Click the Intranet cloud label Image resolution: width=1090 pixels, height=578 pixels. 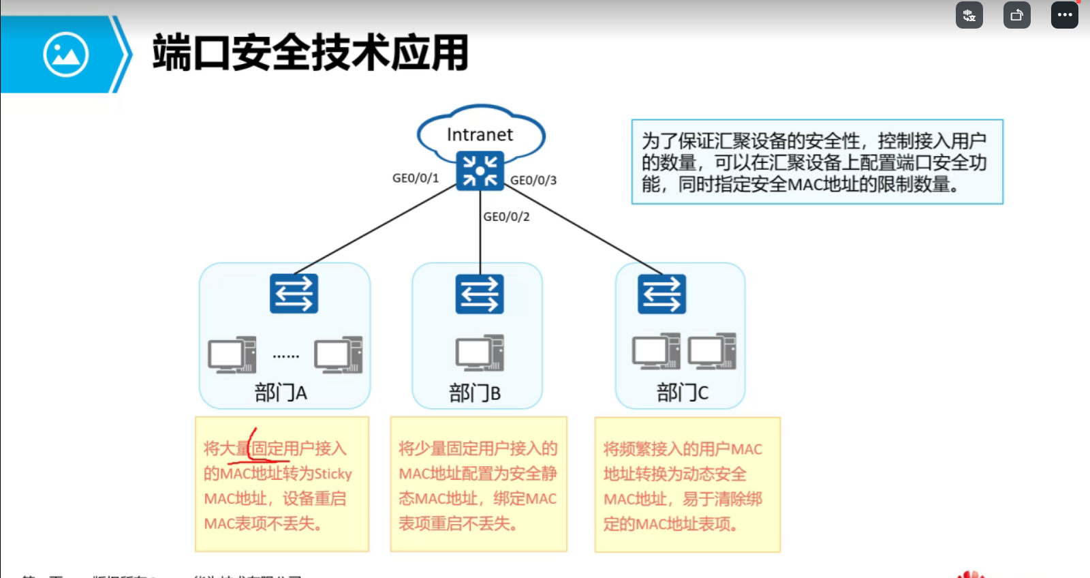(x=480, y=135)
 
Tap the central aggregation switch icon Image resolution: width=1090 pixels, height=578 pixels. (x=480, y=170)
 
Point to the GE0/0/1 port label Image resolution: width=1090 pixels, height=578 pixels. (x=416, y=178)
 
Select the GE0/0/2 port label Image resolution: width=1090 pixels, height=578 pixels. (x=506, y=217)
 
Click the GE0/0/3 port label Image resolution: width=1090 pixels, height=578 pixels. (x=533, y=181)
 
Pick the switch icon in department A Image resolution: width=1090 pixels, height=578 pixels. (x=294, y=294)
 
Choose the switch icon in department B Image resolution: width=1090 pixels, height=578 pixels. (x=480, y=294)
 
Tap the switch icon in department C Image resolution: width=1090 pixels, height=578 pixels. (x=661, y=294)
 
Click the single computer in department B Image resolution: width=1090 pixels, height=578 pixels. (x=480, y=353)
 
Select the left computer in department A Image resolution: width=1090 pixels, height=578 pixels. (x=232, y=354)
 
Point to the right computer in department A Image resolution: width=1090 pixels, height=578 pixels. (x=338, y=354)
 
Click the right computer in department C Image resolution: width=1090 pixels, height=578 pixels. (x=712, y=351)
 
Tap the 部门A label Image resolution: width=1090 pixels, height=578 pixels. (x=281, y=393)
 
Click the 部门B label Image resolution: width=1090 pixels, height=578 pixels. (x=475, y=393)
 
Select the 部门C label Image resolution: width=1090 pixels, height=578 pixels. (x=682, y=393)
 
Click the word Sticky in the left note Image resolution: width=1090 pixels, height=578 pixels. (x=332, y=474)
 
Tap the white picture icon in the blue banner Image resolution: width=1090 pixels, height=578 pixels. (x=65, y=55)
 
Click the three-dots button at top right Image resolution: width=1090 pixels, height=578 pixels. (x=1064, y=15)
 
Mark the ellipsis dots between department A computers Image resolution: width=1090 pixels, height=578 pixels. (x=285, y=356)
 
